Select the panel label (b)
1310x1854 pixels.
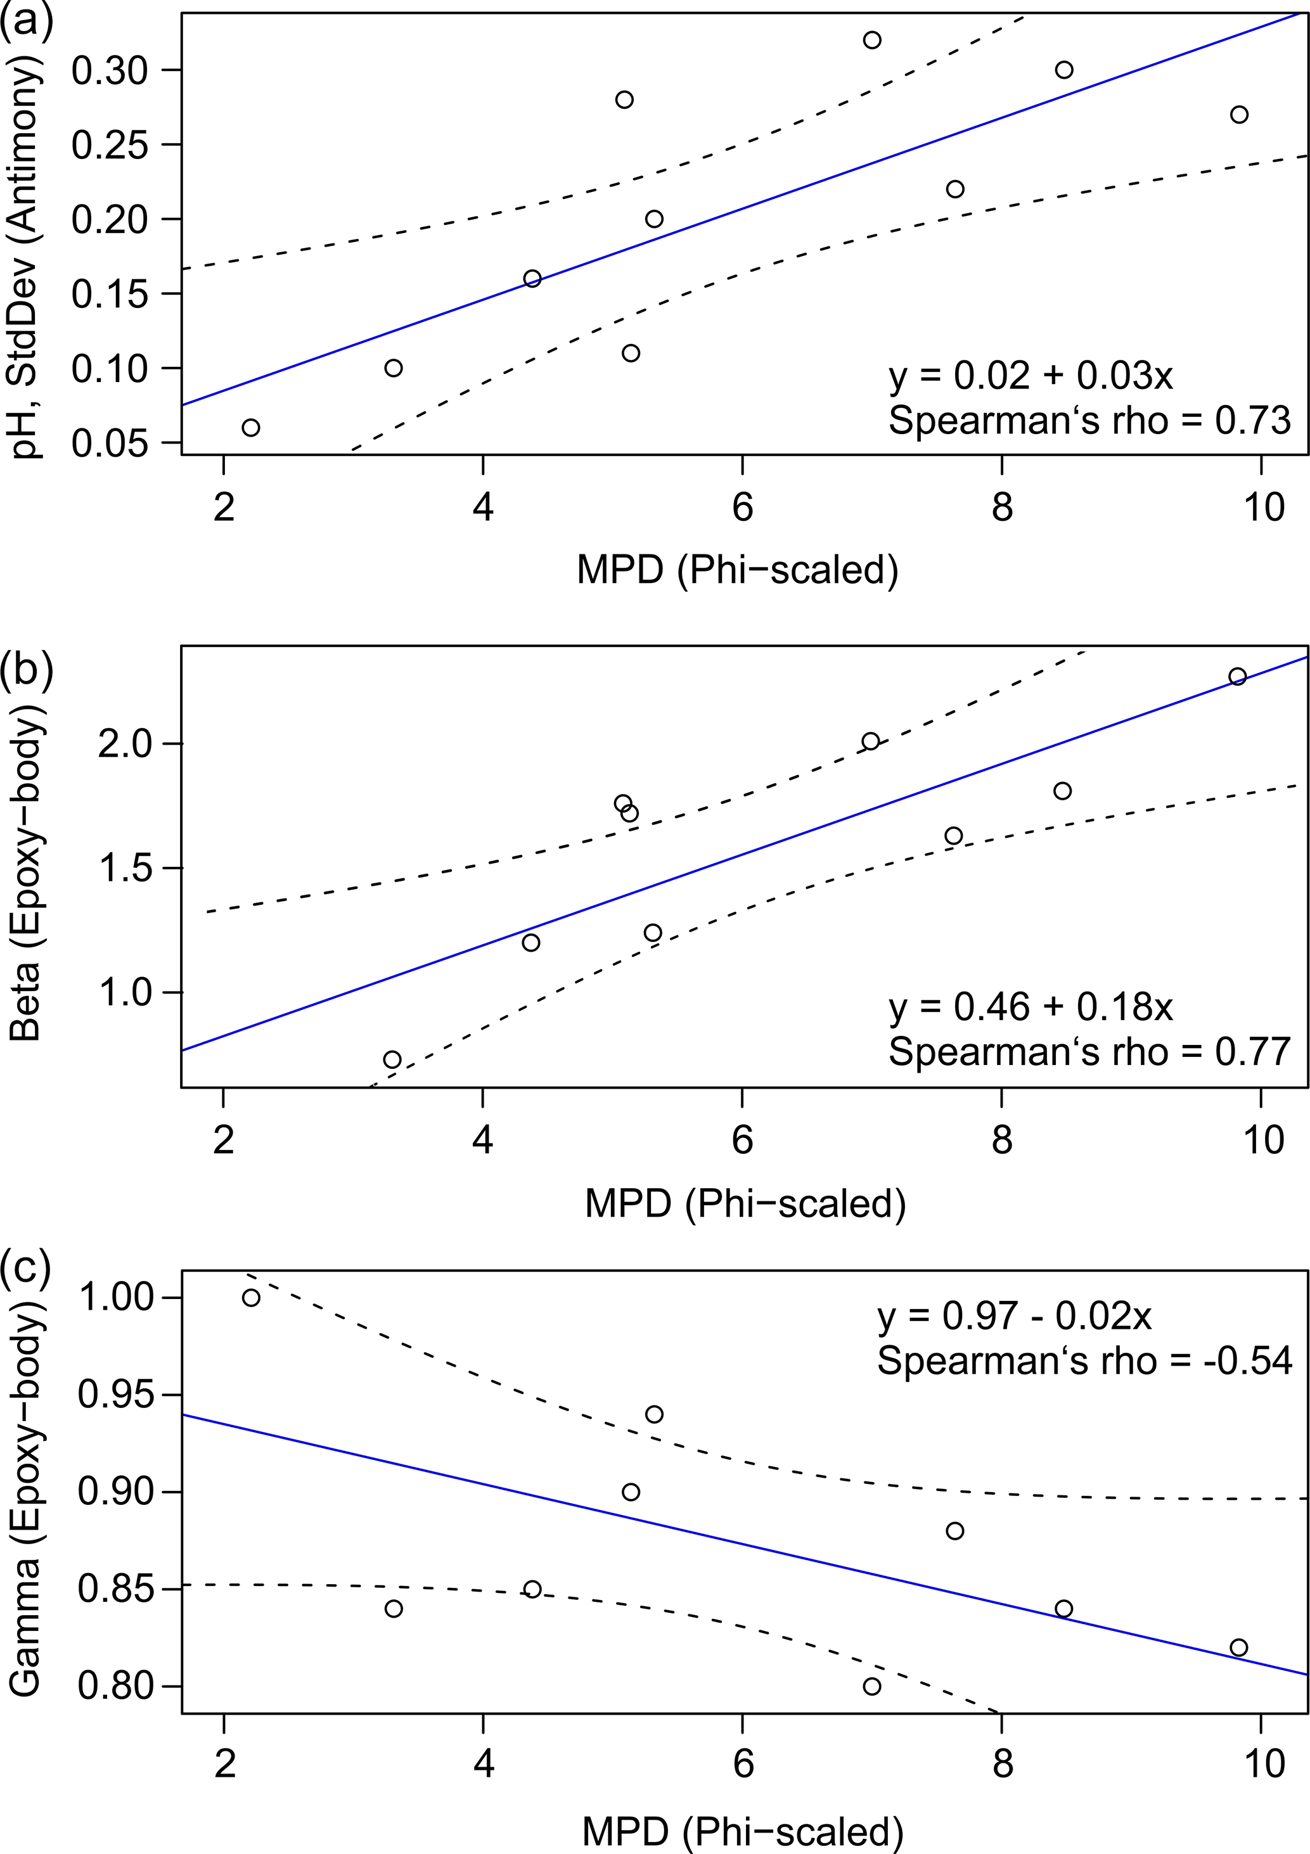[x=27, y=668]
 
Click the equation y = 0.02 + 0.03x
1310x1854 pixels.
[x=1031, y=376]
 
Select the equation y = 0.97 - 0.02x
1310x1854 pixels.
[x=1015, y=1316]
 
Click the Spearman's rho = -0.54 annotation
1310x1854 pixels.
[x=1084, y=1360]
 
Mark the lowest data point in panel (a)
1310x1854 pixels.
[x=251, y=427]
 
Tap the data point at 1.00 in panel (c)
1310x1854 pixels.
[x=251, y=1298]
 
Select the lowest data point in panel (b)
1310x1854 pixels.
[x=392, y=1059]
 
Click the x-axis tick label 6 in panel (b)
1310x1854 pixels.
[x=742, y=1140]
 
